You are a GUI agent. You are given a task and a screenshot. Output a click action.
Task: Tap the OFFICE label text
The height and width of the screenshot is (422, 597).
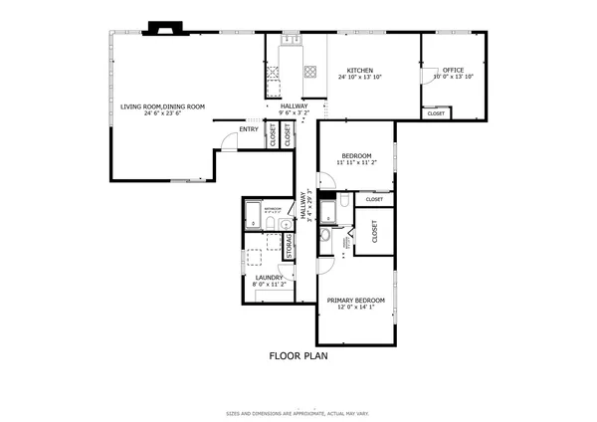tap(454, 70)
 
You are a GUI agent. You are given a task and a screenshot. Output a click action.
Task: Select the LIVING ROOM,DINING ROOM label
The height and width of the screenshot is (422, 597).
tap(162, 106)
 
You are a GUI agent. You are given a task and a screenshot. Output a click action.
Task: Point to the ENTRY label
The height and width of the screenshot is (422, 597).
tap(249, 128)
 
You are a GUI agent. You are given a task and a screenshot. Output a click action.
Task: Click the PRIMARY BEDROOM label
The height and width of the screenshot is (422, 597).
tap(357, 300)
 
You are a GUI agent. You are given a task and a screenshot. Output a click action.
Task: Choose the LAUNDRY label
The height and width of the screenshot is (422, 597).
tap(270, 278)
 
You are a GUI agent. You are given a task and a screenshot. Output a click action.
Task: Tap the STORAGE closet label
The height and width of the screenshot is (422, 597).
tap(290, 246)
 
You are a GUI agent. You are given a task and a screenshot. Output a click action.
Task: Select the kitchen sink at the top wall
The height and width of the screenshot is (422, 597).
tap(293, 41)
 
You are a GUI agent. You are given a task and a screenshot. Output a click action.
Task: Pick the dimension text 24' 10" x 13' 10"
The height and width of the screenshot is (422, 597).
tap(359, 77)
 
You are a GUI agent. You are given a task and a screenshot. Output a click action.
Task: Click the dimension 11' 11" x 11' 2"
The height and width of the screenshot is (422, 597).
tap(356, 163)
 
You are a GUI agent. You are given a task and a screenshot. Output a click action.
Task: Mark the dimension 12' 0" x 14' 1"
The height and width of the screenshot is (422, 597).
tap(357, 307)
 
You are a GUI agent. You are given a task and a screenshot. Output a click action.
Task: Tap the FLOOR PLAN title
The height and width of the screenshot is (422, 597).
tap(298, 355)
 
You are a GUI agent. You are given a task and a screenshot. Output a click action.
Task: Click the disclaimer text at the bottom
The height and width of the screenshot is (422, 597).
tap(298, 411)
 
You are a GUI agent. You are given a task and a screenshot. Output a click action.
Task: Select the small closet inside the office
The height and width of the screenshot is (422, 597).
tap(436, 113)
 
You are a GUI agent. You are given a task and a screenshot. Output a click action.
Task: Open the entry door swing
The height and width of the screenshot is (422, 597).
tap(227, 141)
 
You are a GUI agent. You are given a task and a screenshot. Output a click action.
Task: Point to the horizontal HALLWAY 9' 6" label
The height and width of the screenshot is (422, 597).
tap(294, 109)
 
